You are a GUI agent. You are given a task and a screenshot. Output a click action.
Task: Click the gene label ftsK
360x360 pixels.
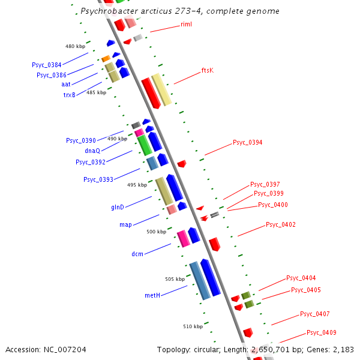click(208, 70)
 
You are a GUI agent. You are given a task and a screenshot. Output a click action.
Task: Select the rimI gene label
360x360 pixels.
click(186, 25)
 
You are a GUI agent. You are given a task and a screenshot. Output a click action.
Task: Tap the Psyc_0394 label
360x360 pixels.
click(247, 143)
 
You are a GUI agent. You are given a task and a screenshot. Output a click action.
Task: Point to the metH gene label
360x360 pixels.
click(152, 295)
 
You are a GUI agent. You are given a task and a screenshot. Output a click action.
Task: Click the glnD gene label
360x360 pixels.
click(118, 207)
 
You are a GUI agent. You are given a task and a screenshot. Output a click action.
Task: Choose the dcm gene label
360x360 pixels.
click(137, 254)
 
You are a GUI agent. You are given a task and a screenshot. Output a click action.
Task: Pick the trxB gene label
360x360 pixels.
click(70, 95)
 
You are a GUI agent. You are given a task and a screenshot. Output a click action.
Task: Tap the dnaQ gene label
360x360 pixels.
click(92, 151)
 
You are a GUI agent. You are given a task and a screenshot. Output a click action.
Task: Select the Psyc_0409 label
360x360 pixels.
click(321, 332)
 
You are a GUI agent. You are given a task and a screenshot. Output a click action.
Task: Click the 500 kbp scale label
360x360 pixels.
click(156, 232)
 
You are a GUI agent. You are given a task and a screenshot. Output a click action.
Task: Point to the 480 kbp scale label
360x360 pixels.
click(75, 46)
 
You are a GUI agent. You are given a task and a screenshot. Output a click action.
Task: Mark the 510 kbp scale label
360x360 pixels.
click(193, 326)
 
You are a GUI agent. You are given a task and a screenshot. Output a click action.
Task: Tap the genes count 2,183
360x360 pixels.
click(341, 349)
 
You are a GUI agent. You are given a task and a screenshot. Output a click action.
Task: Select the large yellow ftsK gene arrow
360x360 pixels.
click(161, 89)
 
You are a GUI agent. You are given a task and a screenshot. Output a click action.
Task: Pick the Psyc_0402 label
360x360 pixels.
click(281, 224)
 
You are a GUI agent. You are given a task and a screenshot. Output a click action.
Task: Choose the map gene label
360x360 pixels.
click(125, 224)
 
